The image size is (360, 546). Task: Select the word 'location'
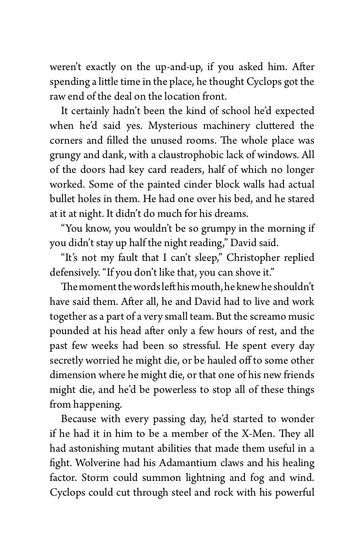point(183,96)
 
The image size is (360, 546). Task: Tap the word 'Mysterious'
point(172,126)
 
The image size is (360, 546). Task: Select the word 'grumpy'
point(218,229)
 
